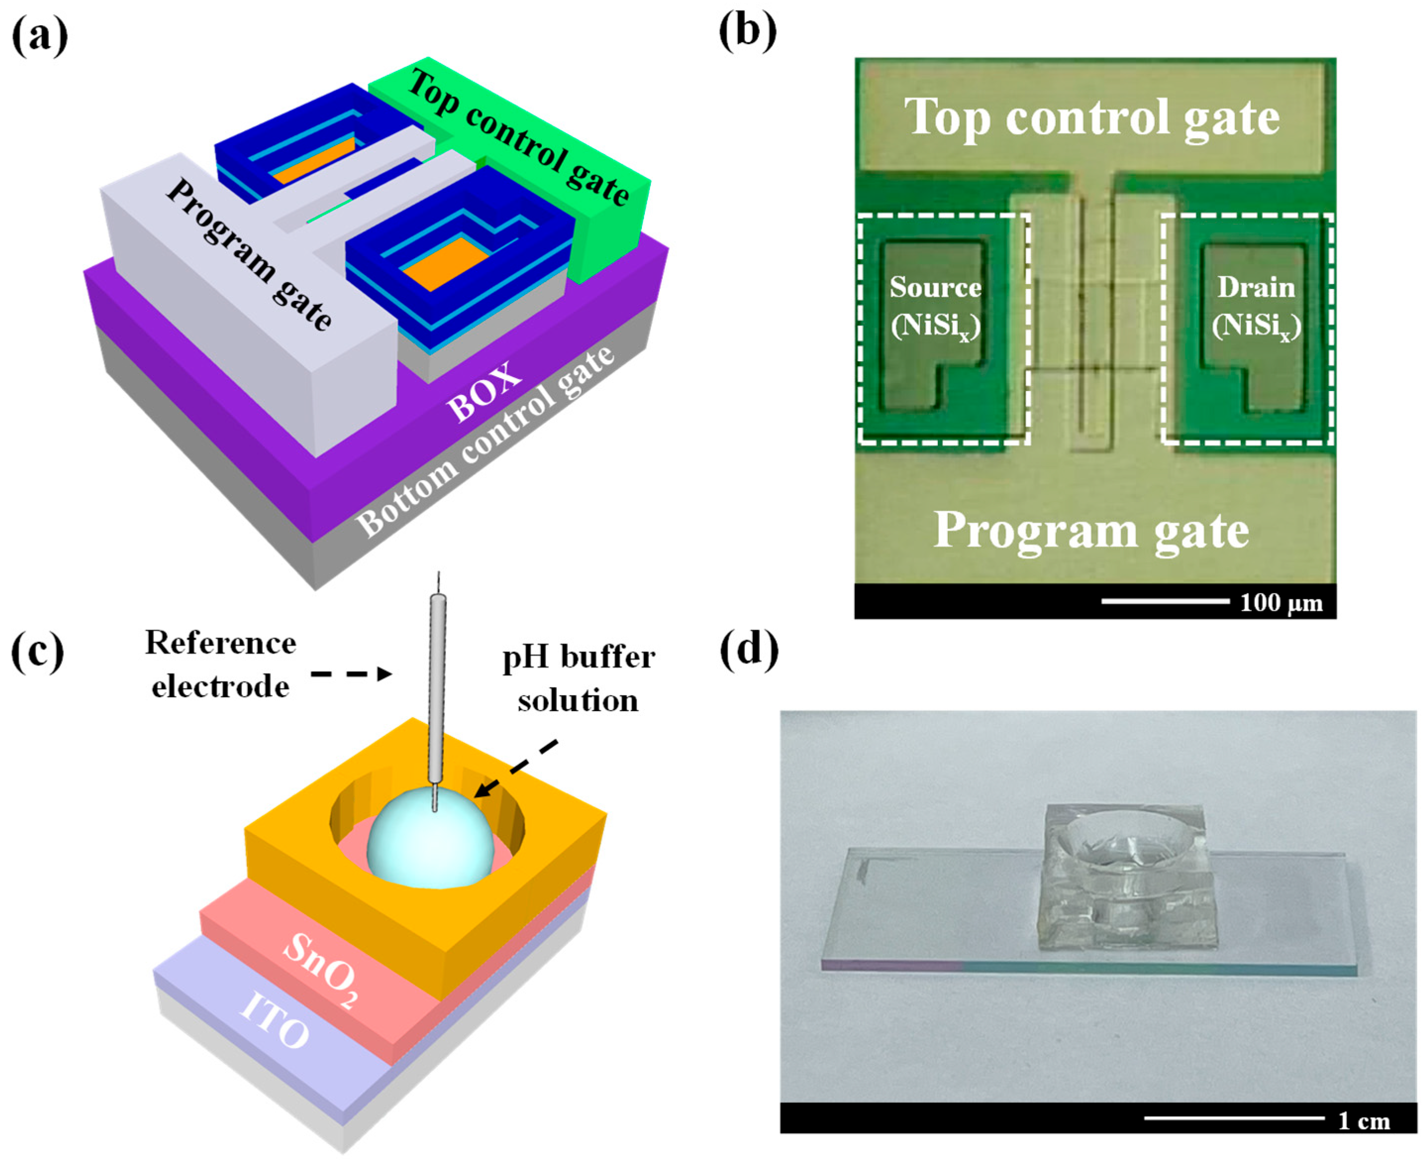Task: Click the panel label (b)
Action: point(747,31)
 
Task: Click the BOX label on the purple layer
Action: point(484,391)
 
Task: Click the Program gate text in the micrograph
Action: point(1091,531)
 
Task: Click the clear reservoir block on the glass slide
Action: point(1126,877)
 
